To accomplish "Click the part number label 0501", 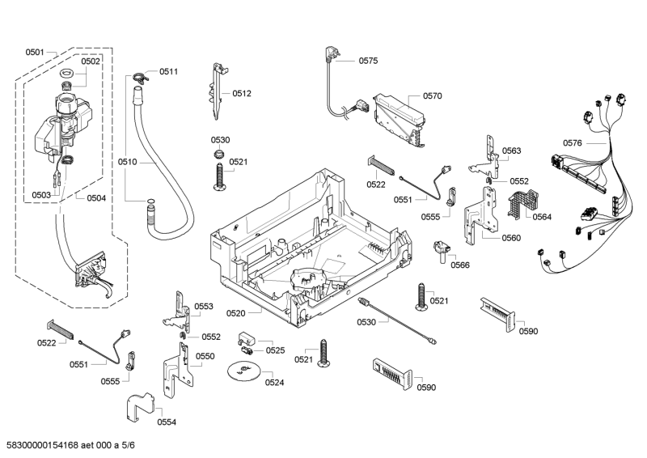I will pos(35,52).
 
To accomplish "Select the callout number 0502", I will pos(91,61).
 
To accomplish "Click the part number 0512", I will pos(242,94).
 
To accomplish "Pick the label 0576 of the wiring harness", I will pos(572,142).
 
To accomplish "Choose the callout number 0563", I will pos(511,151).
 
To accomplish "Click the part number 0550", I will pos(205,356).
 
